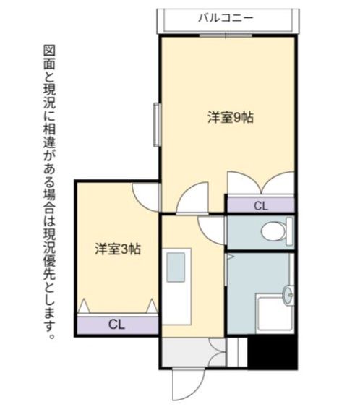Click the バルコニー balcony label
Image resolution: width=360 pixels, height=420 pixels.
click(x=226, y=17)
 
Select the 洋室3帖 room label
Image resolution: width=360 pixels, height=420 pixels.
click(x=117, y=249)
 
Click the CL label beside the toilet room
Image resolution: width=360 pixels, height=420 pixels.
click(x=261, y=206)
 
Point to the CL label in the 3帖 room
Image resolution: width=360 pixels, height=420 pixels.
click(x=117, y=324)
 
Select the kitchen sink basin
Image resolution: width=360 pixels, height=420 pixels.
click(x=178, y=267)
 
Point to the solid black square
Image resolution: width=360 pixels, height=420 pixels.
click(x=273, y=352)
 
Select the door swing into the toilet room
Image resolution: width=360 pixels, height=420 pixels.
click(x=213, y=228)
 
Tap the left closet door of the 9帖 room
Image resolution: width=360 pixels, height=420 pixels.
click(x=240, y=183)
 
